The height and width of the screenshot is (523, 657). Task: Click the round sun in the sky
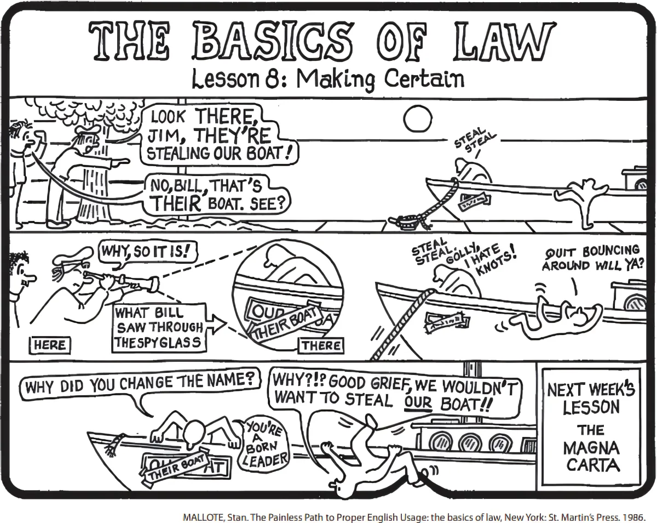(x=417, y=117)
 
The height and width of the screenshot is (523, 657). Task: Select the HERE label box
(x=49, y=345)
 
